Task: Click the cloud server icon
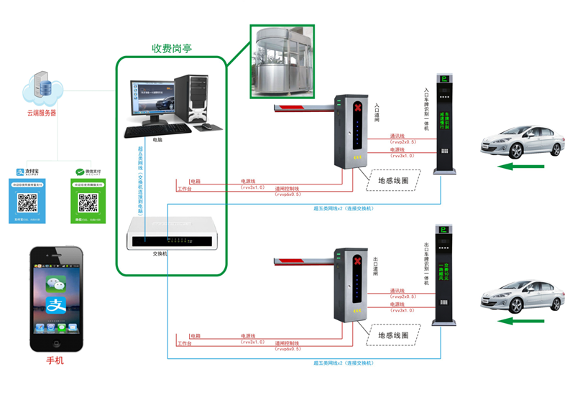point(42,88)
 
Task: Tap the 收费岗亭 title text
point(171,49)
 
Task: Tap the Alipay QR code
point(27,203)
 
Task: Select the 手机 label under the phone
point(55,360)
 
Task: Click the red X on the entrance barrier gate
point(357,107)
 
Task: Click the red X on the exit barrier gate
point(357,262)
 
